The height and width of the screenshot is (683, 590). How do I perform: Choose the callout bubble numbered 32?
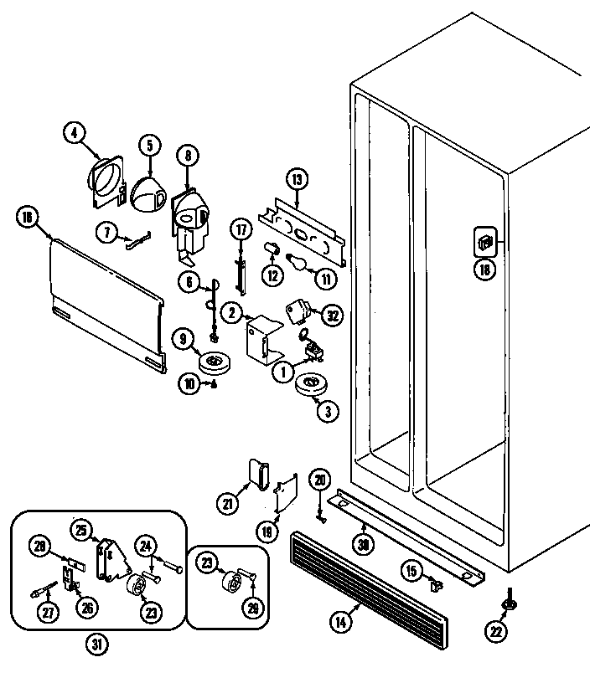333,315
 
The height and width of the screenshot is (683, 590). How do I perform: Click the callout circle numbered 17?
241,229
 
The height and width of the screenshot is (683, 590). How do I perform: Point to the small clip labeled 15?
435,584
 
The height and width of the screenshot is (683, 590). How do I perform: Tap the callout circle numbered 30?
363,544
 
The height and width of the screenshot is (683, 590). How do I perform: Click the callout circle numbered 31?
98,645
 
